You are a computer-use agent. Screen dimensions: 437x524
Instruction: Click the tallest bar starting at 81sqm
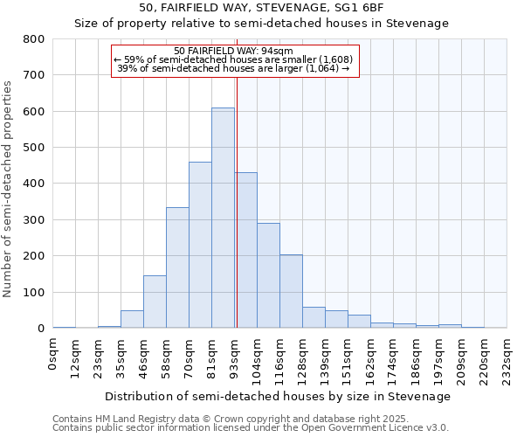coord(223,218)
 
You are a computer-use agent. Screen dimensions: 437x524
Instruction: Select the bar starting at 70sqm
coord(200,245)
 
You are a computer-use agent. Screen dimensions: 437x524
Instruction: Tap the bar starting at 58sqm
coord(177,267)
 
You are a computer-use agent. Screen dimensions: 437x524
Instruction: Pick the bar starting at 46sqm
coord(155,302)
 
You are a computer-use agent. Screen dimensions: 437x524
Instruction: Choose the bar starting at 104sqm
coord(268,275)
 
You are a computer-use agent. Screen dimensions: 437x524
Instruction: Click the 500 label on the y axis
coord(34,148)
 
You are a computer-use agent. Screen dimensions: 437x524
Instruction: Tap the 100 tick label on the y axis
coord(34,292)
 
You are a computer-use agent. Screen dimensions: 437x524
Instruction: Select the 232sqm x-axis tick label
coord(507,357)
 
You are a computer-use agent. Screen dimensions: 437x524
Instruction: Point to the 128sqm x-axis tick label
coord(303,357)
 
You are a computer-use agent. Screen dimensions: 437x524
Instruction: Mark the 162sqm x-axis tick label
coord(371,357)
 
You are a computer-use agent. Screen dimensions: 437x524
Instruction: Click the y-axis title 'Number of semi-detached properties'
coord(9,188)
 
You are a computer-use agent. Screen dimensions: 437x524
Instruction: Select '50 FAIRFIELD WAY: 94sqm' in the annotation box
coord(233,51)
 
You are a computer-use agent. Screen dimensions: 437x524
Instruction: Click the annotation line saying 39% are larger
coord(233,68)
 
